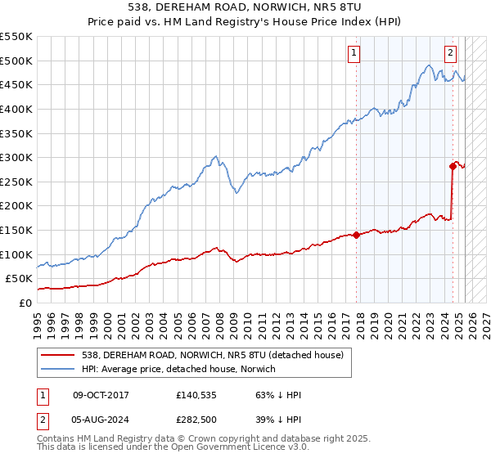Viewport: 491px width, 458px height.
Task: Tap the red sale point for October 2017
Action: coord(357,235)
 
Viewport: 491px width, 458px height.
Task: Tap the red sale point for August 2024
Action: coord(453,166)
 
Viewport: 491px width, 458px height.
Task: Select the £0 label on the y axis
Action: coord(25,303)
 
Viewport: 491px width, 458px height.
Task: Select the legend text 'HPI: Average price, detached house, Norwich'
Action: coord(179,370)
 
